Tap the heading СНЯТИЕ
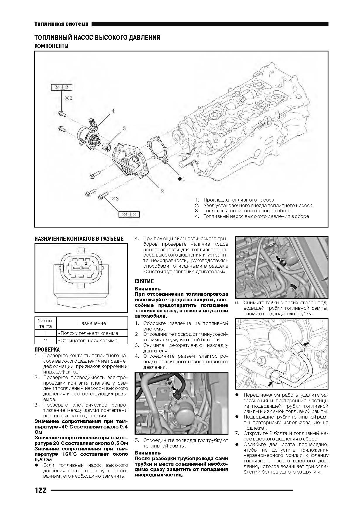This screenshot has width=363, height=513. pyautogui.click(x=144, y=281)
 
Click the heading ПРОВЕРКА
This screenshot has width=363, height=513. pyautogui.click(x=47, y=350)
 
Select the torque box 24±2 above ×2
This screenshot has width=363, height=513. pyautogui.click(x=61, y=87)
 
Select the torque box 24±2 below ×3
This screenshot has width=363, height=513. pyautogui.click(x=129, y=214)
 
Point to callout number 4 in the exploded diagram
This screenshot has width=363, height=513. pyautogui.click(x=113, y=111)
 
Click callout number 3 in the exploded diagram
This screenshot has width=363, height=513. pyautogui.click(x=124, y=128)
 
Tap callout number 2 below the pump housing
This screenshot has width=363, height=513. pyautogui.click(x=162, y=191)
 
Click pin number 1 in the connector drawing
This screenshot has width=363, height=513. pyautogui.click(x=75, y=263)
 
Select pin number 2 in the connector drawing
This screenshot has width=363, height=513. pyautogui.click(x=86, y=263)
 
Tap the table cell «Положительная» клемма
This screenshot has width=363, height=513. pyautogui.click(x=88, y=333)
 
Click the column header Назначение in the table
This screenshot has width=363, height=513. pyautogui.click(x=92, y=323)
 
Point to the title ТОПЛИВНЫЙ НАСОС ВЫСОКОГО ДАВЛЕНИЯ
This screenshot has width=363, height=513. pyautogui.click(x=97, y=38)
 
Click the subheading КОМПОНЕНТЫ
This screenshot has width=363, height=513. pyautogui.click(x=51, y=46)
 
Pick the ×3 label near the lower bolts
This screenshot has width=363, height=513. pyautogui.click(x=115, y=199)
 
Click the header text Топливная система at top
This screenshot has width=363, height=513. pyautogui.click(x=61, y=24)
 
